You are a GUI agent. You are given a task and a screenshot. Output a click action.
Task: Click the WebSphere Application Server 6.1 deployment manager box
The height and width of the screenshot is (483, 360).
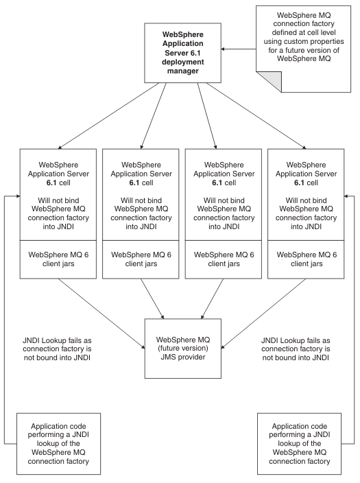pyautogui.click(x=182, y=53)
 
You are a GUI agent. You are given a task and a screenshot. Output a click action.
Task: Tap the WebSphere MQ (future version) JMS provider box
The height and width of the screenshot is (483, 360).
pyautogui.click(x=183, y=349)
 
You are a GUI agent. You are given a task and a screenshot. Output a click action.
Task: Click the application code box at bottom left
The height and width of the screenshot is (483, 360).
pyautogui.click(x=58, y=444)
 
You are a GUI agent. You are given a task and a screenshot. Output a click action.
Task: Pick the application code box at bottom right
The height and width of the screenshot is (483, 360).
pyautogui.click(x=300, y=444)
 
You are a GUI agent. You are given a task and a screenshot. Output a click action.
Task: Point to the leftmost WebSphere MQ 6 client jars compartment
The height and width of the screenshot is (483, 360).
pyautogui.click(x=58, y=259)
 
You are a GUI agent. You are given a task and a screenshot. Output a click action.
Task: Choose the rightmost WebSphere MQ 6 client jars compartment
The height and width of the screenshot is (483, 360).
pyautogui.click(x=306, y=259)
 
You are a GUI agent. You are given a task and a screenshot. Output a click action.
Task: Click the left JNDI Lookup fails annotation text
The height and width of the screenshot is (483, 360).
pyautogui.click(x=58, y=349)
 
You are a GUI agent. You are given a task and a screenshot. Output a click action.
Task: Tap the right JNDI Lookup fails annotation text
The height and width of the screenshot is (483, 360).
pyautogui.click(x=296, y=349)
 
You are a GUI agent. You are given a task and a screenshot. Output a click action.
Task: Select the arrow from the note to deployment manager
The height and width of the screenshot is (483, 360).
pyautogui.click(x=239, y=49)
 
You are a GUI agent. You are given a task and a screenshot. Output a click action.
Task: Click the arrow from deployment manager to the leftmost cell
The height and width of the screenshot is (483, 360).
pyautogui.click(x=108, y=116)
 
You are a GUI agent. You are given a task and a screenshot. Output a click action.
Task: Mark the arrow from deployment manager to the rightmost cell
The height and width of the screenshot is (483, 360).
pyautogui.click(x=256, y=116)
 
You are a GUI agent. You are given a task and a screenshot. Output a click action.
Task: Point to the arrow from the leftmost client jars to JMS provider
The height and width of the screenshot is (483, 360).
pyautogui.click(x=101, y=314)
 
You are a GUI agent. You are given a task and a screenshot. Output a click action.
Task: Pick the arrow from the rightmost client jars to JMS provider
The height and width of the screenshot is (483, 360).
pyautogui.click(x=263, y=314)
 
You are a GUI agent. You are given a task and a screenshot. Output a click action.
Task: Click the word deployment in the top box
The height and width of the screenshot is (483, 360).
pyautogui.click(x=183, y=62)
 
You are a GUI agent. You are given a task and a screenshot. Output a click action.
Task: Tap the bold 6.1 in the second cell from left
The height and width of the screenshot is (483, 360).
pyautogui.click(x=134, y=182)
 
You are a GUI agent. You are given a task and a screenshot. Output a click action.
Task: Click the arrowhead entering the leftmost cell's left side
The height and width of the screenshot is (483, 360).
pyautogui.click(x=18, y=196)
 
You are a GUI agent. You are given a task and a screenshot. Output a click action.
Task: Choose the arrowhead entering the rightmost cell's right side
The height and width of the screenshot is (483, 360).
pyautogui.click(x=346, y=196)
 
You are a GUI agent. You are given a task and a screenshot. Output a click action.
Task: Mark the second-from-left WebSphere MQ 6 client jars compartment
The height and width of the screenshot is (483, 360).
pyautogui.click(x=141, y=259)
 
